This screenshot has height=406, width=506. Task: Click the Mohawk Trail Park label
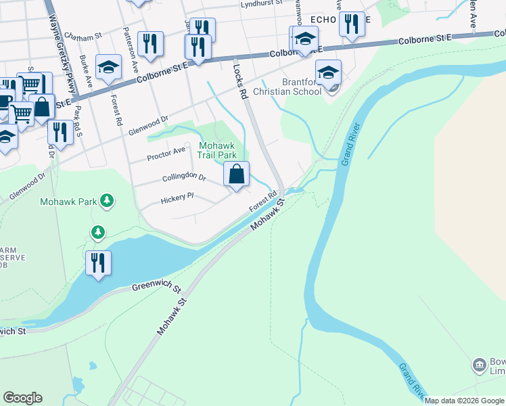pos(216,150)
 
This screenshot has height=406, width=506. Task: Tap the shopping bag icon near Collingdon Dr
pos(237,175)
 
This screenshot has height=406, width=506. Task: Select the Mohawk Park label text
pos(68,201)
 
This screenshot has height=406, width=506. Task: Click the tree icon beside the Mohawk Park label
pos(107,200)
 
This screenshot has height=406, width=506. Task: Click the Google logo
pos(22,398)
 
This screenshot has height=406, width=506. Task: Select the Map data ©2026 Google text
pos(465,401)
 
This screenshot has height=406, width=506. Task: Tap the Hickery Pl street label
pos(177,200)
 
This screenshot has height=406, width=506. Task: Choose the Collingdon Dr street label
pos(184,177)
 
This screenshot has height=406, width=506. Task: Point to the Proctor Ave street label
pos(166,154)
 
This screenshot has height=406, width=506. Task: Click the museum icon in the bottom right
pos(480,365)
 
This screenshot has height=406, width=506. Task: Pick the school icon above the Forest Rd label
pos(108,68)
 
